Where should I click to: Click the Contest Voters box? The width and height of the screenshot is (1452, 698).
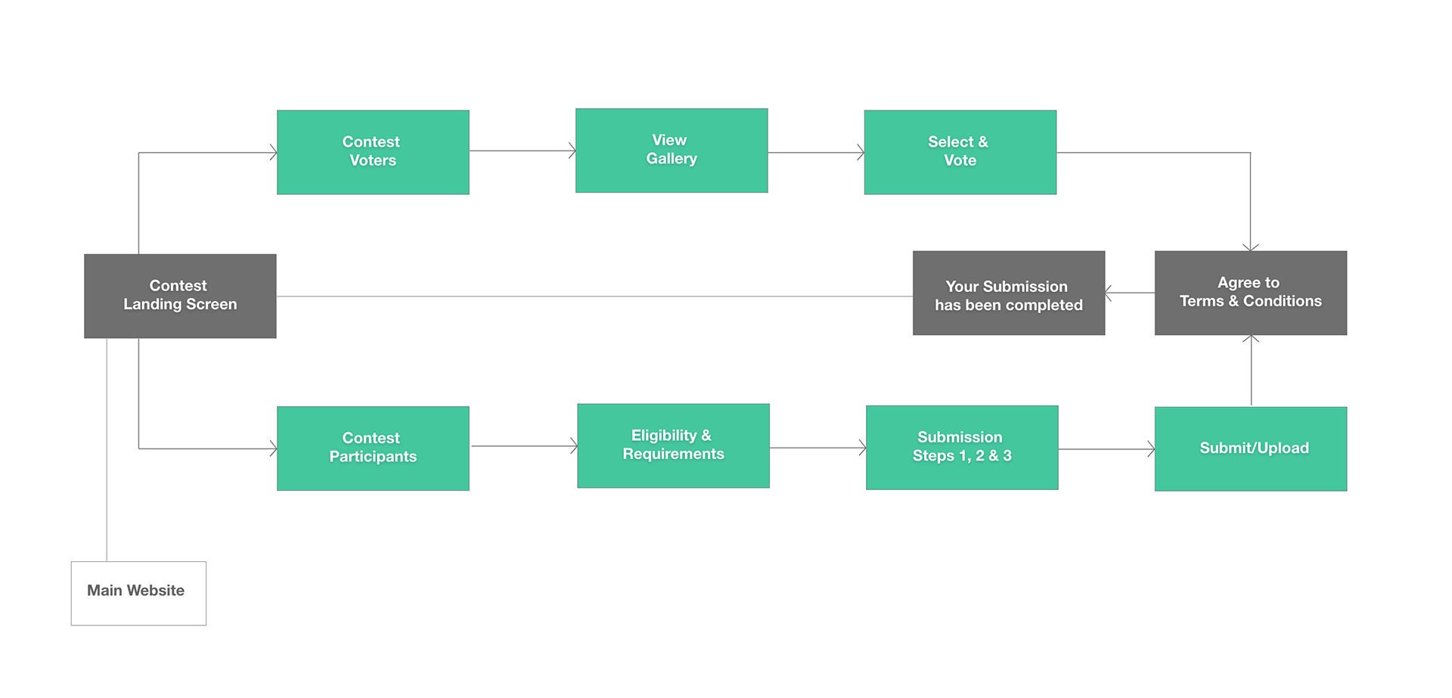click(373, 152)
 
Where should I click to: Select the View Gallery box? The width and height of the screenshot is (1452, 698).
click(672, 150)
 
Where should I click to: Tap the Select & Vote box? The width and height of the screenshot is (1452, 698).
click(960, 152)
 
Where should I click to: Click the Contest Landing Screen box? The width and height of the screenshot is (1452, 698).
click(180, 296)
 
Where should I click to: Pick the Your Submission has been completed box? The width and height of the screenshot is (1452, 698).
click(1009, 293)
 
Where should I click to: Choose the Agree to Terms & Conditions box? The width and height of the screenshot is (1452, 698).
click(1251, 293)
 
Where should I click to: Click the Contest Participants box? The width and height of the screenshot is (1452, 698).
click(373, 448)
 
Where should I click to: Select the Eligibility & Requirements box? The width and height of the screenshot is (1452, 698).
click(673, 445)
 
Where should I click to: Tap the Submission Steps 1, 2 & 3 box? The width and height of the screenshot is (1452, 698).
click(962, 448)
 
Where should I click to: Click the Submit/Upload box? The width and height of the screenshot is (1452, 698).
click(1251, 449)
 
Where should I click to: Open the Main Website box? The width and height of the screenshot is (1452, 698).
click(138, 594)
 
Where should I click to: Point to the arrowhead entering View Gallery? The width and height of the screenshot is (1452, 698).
click(572, 150)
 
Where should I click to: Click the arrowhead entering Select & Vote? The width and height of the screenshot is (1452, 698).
click(861, 152)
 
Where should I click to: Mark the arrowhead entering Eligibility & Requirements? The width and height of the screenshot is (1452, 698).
click(574, 446)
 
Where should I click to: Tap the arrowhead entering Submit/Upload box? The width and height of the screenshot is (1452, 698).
click(1152, 449)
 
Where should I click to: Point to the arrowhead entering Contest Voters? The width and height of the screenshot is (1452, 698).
click(274, 153)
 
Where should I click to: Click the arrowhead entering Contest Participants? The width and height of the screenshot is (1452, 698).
click(274, 449)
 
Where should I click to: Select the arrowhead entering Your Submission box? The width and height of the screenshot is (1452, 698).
click(1109, 293)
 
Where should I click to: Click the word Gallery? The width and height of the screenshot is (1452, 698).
click(672, 159)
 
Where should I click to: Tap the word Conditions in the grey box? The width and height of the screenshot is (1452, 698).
click(1283, 301)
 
